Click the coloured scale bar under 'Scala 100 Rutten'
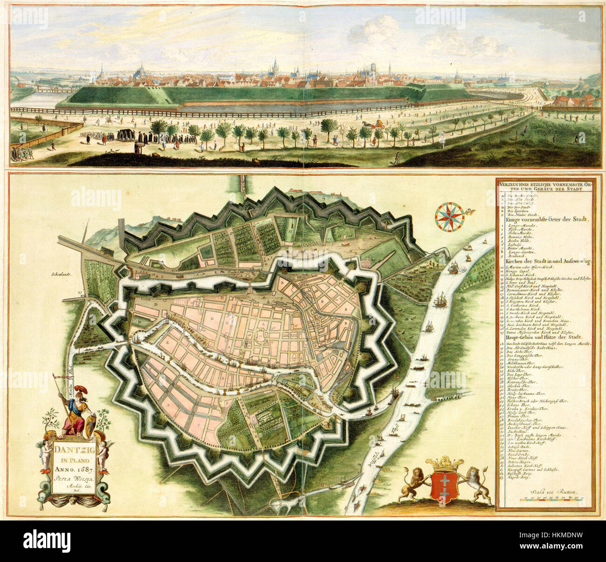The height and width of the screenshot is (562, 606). pyautogui.click(x=553, y=499)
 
